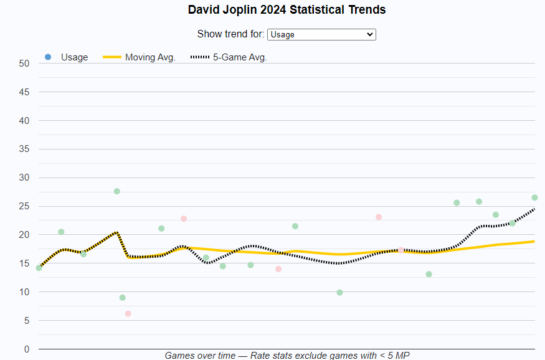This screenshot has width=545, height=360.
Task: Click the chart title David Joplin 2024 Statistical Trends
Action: (287, 10)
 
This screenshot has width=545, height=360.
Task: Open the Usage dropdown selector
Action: (321, 34)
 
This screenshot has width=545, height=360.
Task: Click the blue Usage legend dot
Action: (48, 57)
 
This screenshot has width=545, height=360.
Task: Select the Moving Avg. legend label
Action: (150, 57)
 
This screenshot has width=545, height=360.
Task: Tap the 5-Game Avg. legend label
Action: (240, 57)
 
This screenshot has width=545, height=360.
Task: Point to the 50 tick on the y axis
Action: (24, 63)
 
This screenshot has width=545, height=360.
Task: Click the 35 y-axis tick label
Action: (24, 149)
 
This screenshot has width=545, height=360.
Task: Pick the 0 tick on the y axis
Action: (27, 349)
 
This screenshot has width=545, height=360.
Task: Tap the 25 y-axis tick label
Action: (24, 206)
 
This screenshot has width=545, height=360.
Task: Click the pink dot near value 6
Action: (128, 314)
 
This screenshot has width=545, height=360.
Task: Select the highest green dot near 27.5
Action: (116, 191)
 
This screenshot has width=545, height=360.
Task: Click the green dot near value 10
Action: (339, 293)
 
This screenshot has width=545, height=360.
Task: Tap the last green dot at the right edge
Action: (534, 197)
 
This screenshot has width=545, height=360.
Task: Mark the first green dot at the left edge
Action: (39, 268)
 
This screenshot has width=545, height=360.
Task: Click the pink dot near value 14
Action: (278, 269)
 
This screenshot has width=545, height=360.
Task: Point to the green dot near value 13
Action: (429, 274)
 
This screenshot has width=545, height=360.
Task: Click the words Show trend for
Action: (230, 34)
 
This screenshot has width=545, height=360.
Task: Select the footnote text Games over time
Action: (200, 355)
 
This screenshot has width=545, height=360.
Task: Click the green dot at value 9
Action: (122, 298)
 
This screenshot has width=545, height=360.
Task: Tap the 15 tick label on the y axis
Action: (24, 263)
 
